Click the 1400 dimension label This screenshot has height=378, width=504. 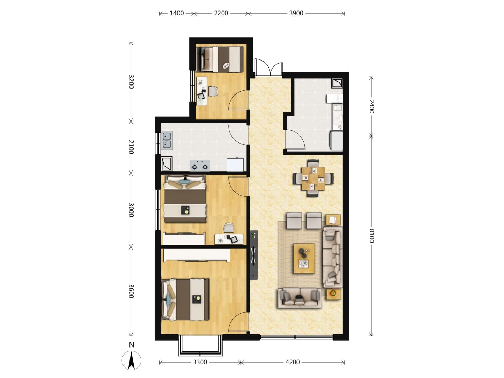(x=176, y=13)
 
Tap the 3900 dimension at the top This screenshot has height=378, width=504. (x=296, y=13)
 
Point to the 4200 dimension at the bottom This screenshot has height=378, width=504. (x=292, y=362)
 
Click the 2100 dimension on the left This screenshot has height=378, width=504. (x=131, y=147)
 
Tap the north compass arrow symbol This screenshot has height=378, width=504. (x=131, y=360)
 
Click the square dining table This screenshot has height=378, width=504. (x=313, y=178)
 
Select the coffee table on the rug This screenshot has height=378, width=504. (x=304, y=258)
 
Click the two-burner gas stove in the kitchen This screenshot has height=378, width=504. (x=199, y=166)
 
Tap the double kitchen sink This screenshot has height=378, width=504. (x=167, y=140)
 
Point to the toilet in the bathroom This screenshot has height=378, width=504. (x=334, y=98)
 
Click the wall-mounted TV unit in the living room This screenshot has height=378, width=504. (x=254, y=255)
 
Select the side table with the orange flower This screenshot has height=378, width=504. (x=333, y=294)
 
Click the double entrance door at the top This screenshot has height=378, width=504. (x=268, y=67)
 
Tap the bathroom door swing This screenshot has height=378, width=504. (x=295, y=139)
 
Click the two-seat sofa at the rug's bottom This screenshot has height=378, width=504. (x=300, y=298)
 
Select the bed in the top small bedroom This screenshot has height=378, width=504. (x=220, y=59)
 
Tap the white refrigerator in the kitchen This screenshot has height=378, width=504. (x=235, y=164)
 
